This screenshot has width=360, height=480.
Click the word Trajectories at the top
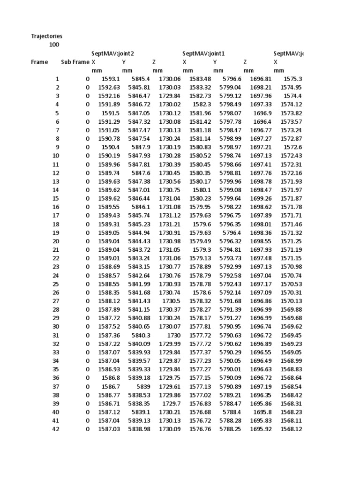tap(46, 36)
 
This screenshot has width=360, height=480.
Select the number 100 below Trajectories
tap(54, 45)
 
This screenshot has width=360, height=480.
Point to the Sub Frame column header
tap(75, 62)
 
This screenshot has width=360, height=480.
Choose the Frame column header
tap(39, 62)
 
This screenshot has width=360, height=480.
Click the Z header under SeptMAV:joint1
tap(245, 62)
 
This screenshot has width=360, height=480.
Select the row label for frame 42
tap(56, 428)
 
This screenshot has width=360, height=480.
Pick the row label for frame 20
tap(56, 241)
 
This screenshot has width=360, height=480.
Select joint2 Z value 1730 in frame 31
tap(173, 335)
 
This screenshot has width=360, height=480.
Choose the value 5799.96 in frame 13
tap(230, 181)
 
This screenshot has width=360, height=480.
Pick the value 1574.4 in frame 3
tap(293, 96)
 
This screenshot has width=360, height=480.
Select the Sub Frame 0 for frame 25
tap(87, 284)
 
